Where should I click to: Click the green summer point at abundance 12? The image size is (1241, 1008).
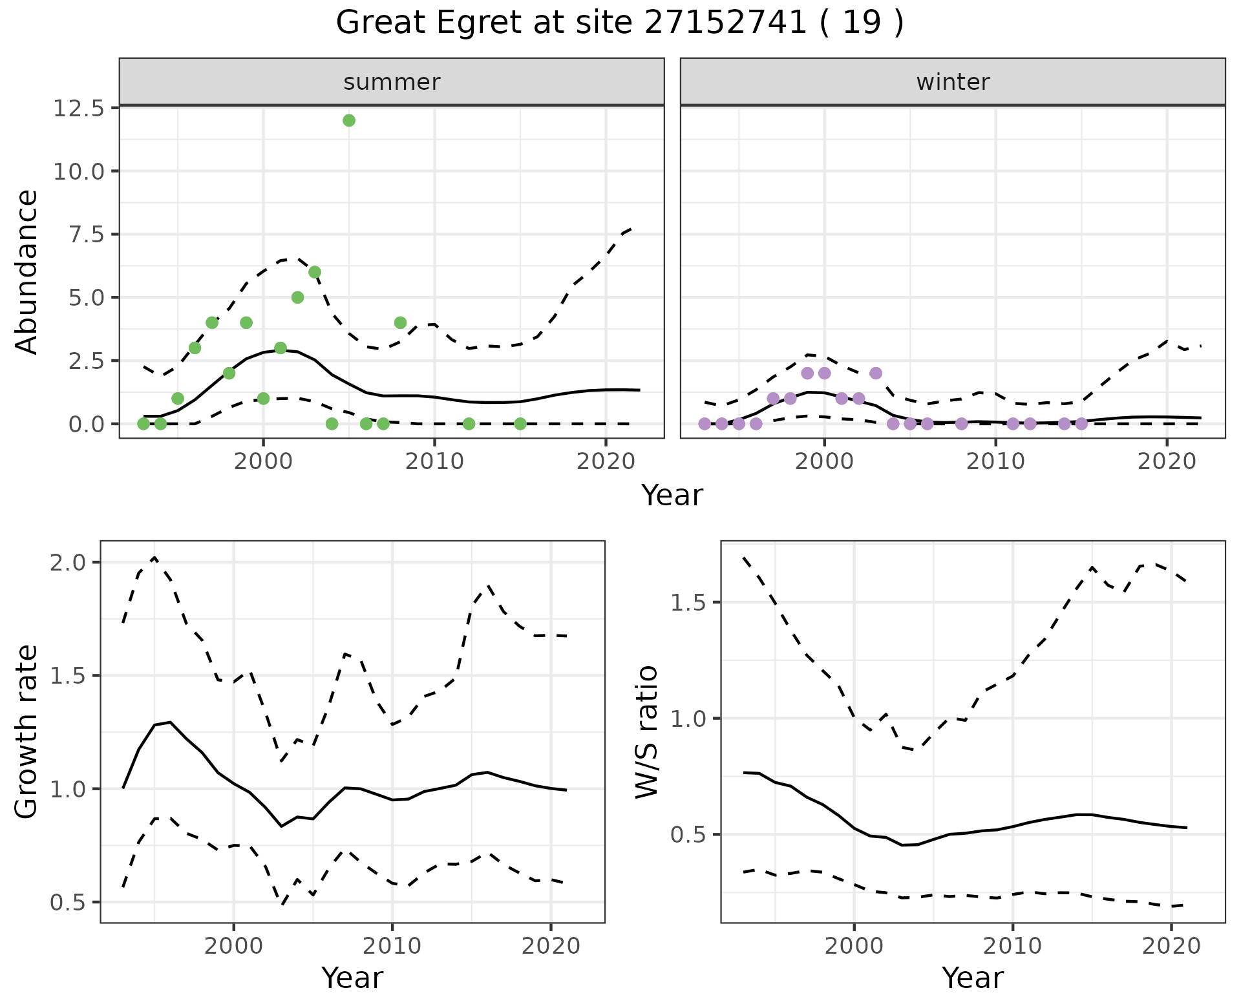click(349, 120)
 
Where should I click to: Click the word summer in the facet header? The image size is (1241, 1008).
click(392, 82)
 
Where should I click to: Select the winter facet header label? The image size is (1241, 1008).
click(953, 82)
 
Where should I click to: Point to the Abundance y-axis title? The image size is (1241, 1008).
click(27, 272)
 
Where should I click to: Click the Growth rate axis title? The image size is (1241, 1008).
click(27, 732)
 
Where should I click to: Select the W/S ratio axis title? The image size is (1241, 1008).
click(647, 732)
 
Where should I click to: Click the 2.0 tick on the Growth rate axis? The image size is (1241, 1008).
click(69, 563)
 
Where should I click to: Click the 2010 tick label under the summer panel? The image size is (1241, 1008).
click(434, 462)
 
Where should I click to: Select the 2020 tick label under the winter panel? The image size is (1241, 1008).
click(1167, 462)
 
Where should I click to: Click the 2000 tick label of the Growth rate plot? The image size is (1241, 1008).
click(234, 946)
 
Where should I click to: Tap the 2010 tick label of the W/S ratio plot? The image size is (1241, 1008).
click(1012, 946)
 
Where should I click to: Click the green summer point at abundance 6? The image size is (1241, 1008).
click(315, 272)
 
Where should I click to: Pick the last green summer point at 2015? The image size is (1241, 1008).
click(520, 424)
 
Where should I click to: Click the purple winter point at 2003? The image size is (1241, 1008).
click(876, 373)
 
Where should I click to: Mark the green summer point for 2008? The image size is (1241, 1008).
click(400, 322)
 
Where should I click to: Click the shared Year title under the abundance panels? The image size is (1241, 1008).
click(672, 496)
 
